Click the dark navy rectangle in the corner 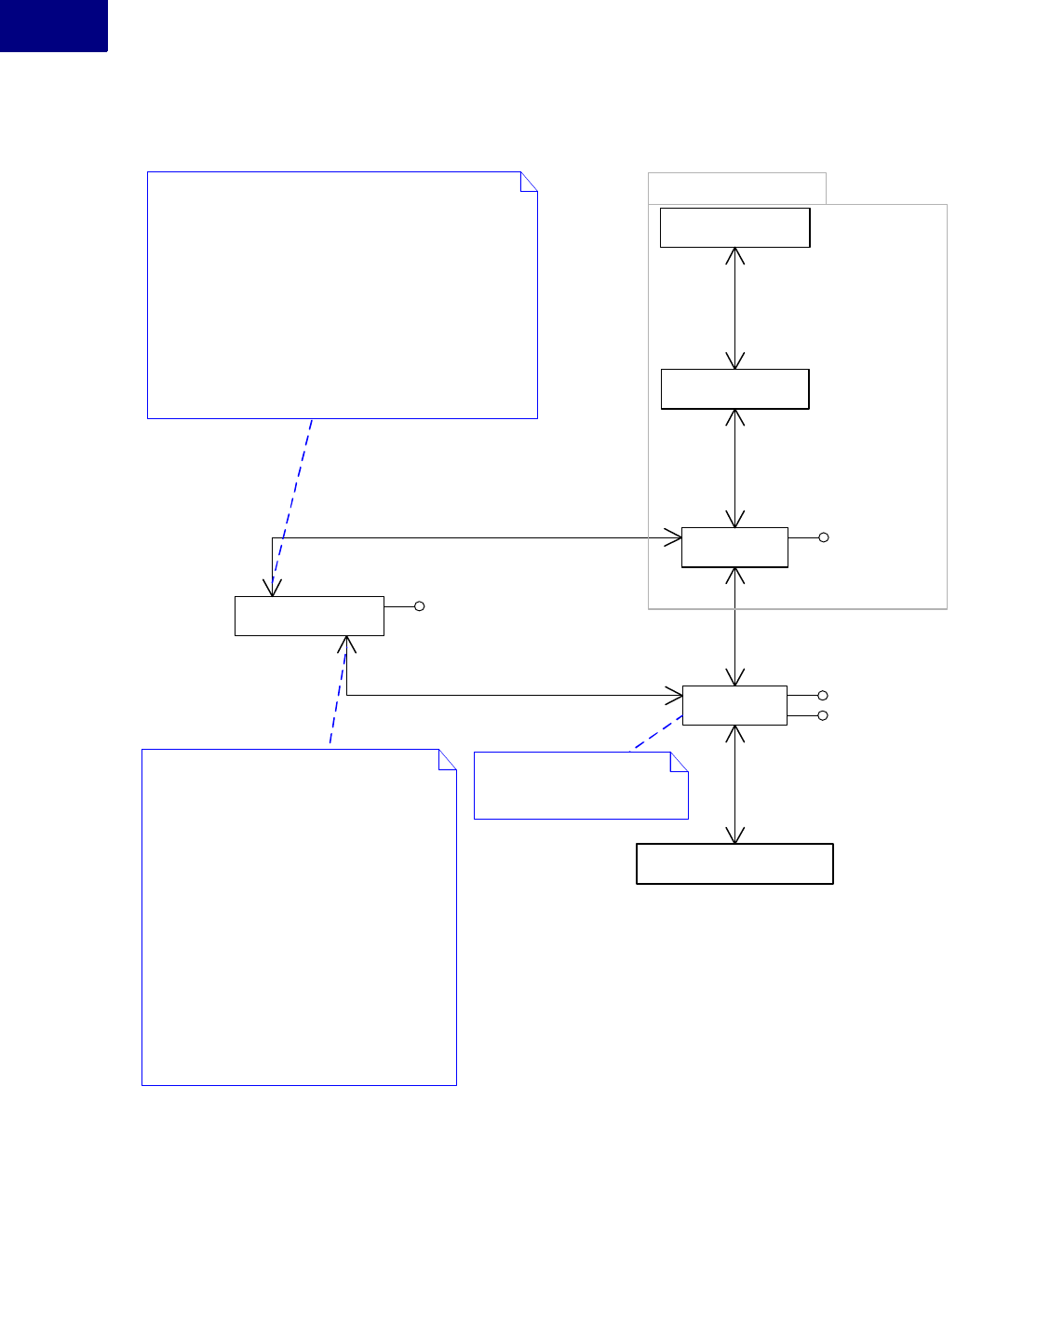point(53,25)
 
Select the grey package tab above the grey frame point(736,188)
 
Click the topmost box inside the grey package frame point(734,227)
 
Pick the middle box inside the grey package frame point(734,389)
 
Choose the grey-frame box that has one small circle point(734,548)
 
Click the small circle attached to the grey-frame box point(824,537)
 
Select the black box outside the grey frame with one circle point(309,617)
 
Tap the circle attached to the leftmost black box point(420,606)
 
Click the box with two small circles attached point(734,705)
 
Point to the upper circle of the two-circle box point(823,696)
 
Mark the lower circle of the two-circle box point(823,715)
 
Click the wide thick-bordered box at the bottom point(734,864)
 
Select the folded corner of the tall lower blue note point(449,758)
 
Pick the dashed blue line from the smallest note point(658,733)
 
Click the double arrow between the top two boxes point(735,308)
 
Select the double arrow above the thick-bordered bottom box point(735,784)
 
